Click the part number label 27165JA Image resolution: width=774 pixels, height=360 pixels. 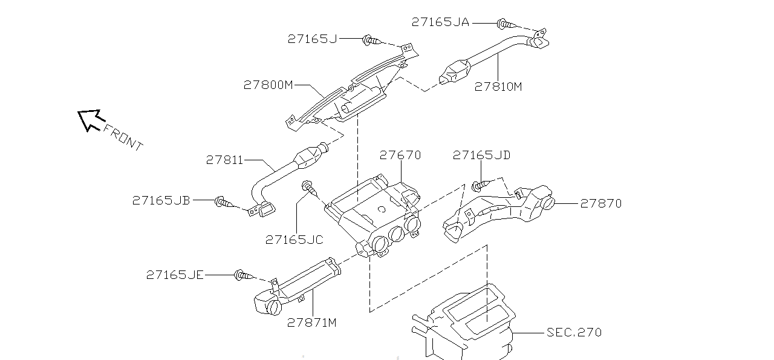tap(441, 22)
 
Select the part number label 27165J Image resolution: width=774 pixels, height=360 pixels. tap(313, 39)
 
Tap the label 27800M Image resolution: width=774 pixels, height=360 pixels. tap(268, 85)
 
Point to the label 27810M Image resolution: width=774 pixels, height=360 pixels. tap(498, 87)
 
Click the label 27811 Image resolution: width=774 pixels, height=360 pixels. tap(224, 160)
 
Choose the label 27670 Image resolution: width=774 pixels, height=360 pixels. tap(400, 155)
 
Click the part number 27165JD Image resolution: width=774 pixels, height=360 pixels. tap(482, 155)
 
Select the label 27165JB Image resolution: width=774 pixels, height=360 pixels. tap(161, 201)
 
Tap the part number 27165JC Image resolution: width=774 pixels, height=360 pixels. tap(294, 240)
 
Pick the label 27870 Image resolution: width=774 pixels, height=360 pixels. tap(601, 204)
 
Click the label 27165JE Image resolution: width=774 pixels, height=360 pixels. tap(175, 275)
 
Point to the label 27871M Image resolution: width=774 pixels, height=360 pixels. tap(311, 323)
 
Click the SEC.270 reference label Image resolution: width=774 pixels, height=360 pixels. tap(574, 333)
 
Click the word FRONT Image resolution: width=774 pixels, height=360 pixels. tap(123, 137)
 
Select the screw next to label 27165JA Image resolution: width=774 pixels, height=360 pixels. tap(507, 24)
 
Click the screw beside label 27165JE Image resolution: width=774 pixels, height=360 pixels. tap(244, 276)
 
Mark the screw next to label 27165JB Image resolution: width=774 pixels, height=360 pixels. tap(224, 202)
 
